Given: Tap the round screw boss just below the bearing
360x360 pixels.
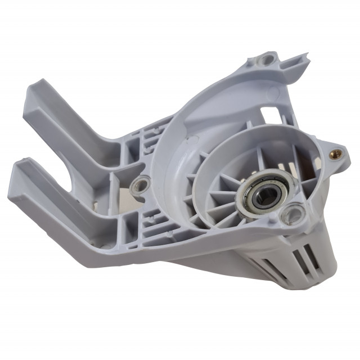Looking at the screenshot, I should point(294,214).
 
